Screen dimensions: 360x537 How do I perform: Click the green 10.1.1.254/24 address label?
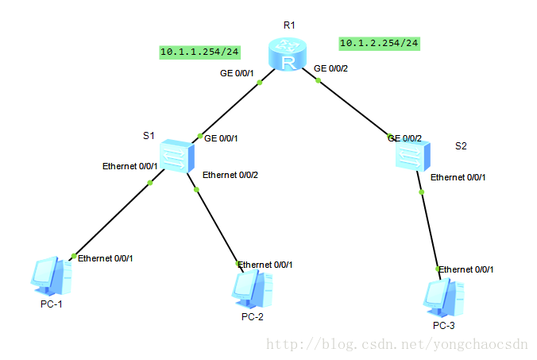[200, 52]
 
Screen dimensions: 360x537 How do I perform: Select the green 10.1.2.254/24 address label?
[379, 42]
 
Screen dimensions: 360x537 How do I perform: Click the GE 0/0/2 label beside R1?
[332, 68]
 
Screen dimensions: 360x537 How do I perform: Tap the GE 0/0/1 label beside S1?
[222, 138]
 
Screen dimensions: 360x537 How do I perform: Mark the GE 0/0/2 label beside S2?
[404, 138]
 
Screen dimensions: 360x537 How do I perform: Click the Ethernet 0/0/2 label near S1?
[230, 175]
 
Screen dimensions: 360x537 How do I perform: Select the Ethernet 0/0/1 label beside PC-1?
[105, 257]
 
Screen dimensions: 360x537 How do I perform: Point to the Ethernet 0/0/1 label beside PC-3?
[466, 269]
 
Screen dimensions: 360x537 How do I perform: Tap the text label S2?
[461, 145]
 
